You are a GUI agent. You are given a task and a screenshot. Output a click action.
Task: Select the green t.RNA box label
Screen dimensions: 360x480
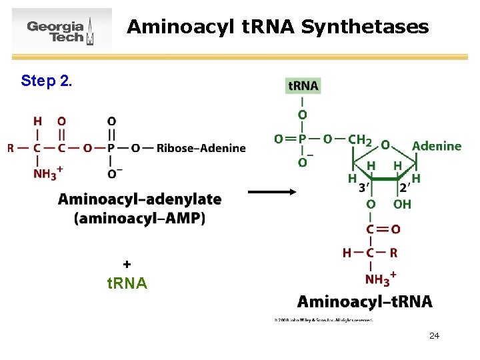303,85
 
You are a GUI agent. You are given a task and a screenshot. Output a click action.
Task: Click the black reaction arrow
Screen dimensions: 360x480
272,191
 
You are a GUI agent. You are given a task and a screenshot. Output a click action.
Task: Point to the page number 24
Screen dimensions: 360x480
434,335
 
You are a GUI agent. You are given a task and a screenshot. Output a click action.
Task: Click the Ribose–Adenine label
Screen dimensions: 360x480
201,148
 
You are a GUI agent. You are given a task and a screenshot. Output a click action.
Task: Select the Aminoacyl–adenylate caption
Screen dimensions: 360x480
139,199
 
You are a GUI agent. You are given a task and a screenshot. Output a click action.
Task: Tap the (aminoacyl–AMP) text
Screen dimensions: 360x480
139,218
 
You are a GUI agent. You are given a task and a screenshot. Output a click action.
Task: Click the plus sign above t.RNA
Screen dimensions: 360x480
127,264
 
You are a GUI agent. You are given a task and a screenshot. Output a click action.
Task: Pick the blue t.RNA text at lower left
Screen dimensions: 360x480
127,283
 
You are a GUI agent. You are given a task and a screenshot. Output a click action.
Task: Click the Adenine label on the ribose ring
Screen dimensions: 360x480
437,146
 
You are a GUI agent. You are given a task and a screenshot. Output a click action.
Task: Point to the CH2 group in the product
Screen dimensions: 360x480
360,140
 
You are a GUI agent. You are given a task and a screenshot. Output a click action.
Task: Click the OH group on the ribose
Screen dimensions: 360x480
402,204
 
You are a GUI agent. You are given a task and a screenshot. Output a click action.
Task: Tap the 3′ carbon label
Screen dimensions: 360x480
365,189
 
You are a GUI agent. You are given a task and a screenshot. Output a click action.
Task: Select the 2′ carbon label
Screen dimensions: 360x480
404,189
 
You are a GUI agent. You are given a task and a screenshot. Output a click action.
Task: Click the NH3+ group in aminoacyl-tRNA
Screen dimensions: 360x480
381,278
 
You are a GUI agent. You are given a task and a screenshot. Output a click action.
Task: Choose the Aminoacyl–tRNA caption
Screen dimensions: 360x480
365,301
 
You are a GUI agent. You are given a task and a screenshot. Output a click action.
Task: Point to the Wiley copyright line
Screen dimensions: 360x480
323,320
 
